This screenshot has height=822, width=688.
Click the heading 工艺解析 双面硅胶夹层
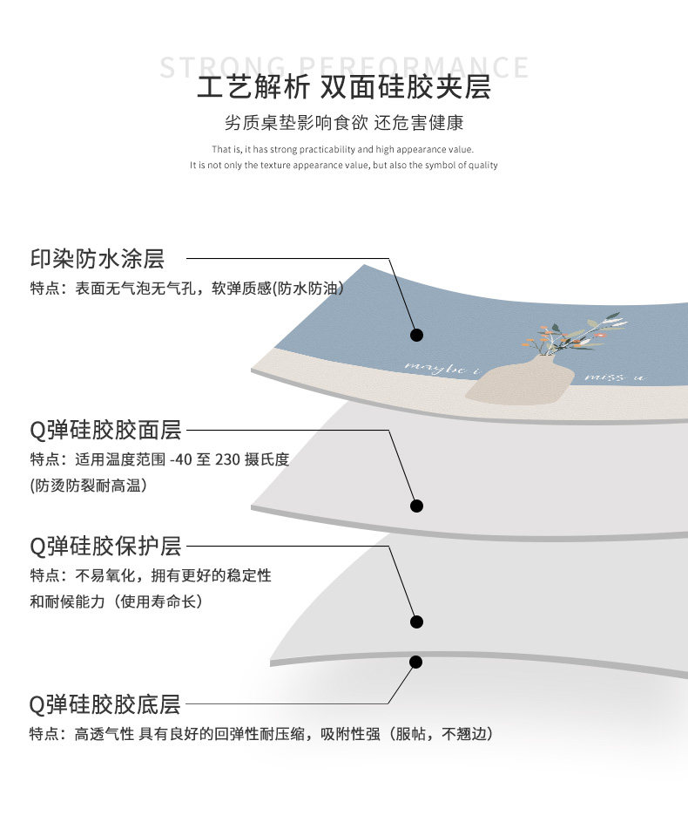[344, 89]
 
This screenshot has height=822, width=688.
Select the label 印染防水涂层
[98, 259]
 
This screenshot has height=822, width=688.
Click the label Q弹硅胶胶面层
[105, 430]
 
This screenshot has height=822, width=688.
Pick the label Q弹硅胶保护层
[105, 547]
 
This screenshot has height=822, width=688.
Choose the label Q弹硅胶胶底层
[105, 703]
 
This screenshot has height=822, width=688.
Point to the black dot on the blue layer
[417, 335]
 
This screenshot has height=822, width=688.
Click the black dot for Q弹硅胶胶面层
[417, 506]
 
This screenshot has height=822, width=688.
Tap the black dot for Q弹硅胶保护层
[417, 622]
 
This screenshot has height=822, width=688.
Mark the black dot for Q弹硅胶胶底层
[417, 662]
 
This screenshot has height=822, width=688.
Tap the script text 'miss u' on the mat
[615, 377]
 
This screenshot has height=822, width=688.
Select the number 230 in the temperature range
[226, 460]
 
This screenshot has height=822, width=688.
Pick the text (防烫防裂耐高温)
[88, 486]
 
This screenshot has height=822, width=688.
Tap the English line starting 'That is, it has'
[343, 149]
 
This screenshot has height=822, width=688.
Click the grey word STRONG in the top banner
[223, 67]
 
